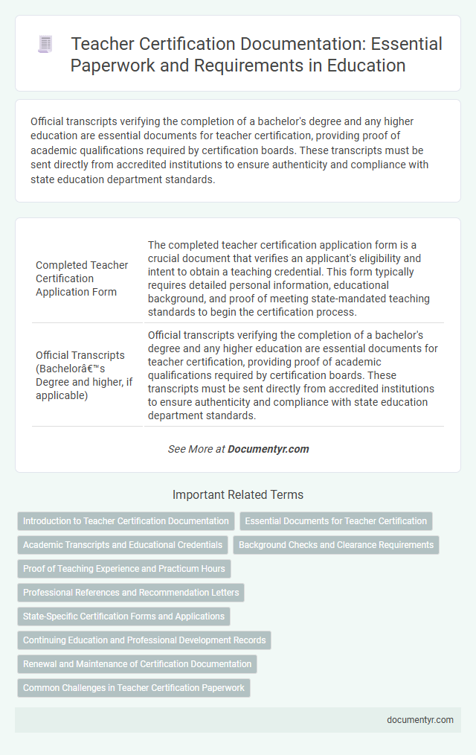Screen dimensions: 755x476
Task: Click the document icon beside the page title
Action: coord(45,45)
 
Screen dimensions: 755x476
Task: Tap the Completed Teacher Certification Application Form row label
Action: coord(82,278)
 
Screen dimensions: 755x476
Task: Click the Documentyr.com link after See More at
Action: coord(268,449)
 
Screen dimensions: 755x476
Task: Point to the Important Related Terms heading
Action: coord(238,494)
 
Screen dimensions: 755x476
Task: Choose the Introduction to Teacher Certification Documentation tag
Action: coord(126,521)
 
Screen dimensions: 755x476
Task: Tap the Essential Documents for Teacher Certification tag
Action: coord(336,521)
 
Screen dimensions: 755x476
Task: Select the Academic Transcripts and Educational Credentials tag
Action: coord(123,545)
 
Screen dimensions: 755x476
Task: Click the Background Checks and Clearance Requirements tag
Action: coord(336,545)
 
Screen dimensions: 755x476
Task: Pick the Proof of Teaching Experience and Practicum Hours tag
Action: coord(124,569)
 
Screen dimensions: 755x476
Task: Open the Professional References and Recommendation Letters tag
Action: coord(131,593)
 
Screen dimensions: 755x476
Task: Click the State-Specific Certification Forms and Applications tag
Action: coord(123,617)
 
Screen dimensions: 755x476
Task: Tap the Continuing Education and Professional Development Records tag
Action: coord(144,640)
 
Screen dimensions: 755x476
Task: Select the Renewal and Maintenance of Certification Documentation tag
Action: coord(137,664)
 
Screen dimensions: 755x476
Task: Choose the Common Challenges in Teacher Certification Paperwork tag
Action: coord(134,688)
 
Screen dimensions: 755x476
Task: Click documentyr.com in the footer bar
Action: coord(419,720)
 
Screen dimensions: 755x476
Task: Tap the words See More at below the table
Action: coord(196,449)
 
